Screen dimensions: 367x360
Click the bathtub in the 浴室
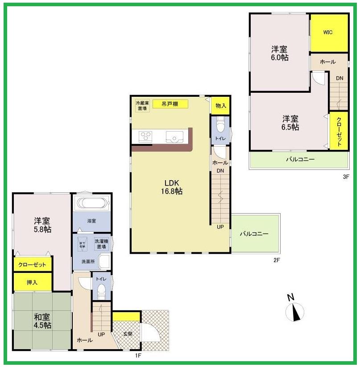point(92,204)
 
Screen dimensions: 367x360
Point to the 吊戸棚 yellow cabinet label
point(170,104)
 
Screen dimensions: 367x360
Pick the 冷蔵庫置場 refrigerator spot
point(142,106)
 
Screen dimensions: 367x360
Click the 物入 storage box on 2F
point(220,106)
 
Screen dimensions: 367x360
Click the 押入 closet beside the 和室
point(33,282)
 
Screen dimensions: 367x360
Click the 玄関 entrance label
point(128,334)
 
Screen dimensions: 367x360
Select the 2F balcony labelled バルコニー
point(254,234)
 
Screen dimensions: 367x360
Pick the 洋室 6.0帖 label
point(280,53)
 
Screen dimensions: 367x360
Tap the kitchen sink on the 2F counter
point(173,137)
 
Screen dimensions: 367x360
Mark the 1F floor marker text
point(138,355)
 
